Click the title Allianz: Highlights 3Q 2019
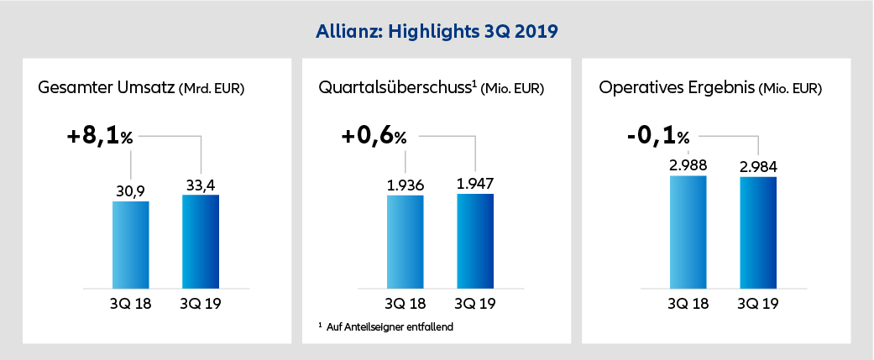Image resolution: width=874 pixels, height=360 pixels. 437,33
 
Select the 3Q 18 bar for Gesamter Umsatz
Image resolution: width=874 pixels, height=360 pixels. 130,244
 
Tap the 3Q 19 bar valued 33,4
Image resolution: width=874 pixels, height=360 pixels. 201,241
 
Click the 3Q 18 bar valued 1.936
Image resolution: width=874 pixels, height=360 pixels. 405,241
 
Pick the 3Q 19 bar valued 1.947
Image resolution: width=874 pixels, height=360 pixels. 475,240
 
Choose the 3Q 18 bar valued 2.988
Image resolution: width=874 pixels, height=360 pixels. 688,231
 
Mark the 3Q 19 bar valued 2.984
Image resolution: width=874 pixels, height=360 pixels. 758,232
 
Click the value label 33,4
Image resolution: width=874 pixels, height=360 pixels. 201,185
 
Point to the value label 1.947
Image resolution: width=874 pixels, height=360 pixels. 475,184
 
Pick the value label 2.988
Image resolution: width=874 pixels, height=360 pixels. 688,165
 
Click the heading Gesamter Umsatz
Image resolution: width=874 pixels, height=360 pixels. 106,87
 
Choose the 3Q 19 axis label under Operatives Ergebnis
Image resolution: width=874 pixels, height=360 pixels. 758,302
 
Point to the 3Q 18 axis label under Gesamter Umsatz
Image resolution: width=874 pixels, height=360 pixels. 130,302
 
